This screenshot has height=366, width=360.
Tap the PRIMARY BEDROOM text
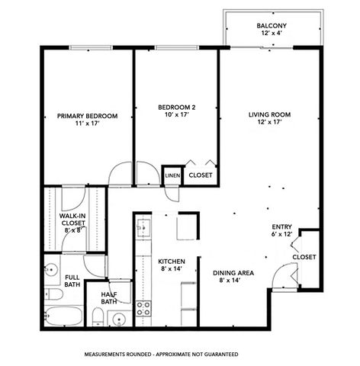88,116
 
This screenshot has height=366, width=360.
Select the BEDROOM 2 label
177,107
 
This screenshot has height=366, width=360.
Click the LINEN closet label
172,175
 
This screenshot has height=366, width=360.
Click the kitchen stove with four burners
143,308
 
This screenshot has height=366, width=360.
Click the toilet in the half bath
97,316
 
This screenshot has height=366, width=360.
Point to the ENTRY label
281,226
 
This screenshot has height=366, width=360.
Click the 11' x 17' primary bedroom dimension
88,124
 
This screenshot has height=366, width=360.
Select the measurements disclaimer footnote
161,355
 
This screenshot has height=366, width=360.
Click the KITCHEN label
172,261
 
